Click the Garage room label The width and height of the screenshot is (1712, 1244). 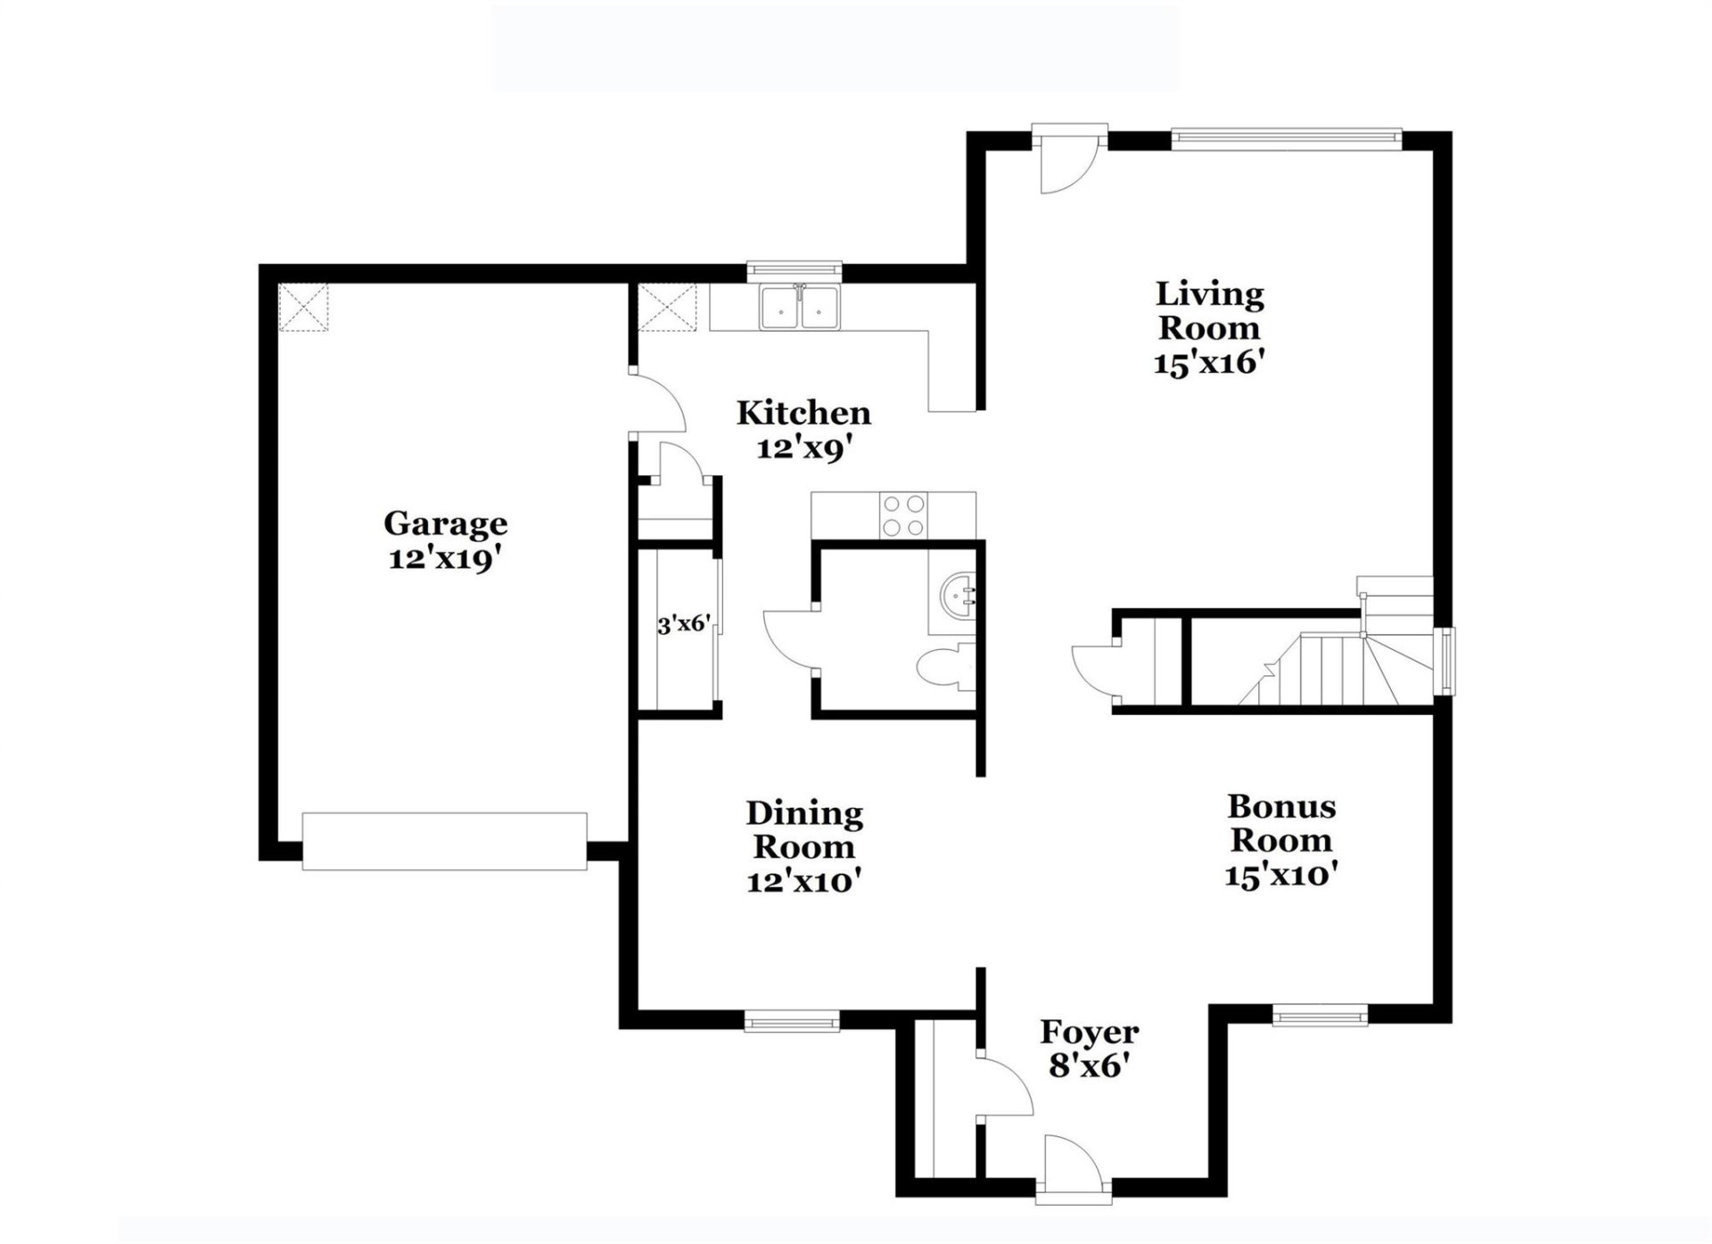coord(445,523)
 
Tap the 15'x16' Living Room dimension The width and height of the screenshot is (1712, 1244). coord(1209,363)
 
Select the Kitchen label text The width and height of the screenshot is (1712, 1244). coord(803,413)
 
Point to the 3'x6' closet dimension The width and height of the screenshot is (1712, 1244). coord(684,624)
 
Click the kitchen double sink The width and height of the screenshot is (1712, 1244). coord(800,309)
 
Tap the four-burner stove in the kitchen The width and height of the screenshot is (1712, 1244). coord(902,515)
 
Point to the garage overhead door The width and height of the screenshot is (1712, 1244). coord(444,841)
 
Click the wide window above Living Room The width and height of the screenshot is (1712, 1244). coord(1285,136)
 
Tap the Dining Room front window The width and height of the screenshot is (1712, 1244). coord(792,1020)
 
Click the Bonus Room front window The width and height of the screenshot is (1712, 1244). coord(1320,1015)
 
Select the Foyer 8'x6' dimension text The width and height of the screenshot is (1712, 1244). coord(1089,1065)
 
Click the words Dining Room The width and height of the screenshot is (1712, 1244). coord(804,829)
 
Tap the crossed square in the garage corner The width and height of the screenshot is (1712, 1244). coord(303,308)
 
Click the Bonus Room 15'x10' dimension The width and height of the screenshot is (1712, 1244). coord(1280,875)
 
